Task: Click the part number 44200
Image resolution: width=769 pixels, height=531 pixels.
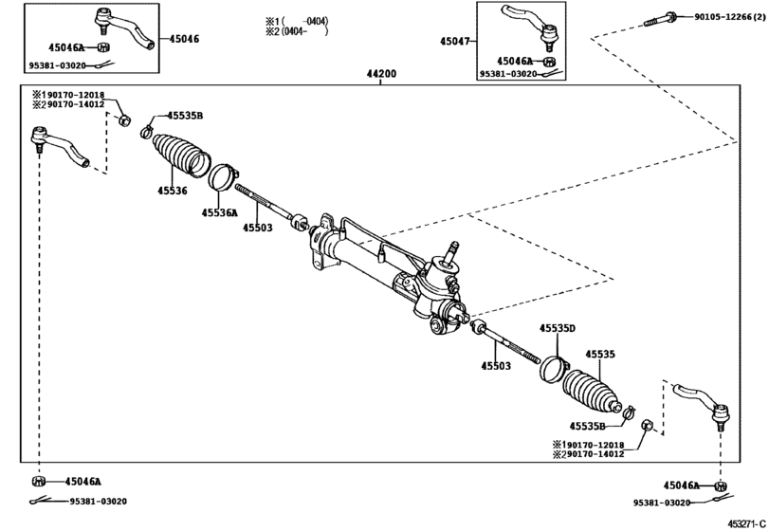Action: click(x=381, y=73)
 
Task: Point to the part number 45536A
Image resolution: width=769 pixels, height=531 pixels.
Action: click(x=219, y=213)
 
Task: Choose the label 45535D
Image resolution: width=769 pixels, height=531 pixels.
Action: click(x=558, y=328)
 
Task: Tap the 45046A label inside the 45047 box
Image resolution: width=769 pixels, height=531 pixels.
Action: click(x=515, y=60)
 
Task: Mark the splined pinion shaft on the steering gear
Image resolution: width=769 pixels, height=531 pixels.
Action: click(x=452, y=251)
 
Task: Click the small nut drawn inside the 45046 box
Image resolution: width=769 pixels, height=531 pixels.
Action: click(x=104, y=46)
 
